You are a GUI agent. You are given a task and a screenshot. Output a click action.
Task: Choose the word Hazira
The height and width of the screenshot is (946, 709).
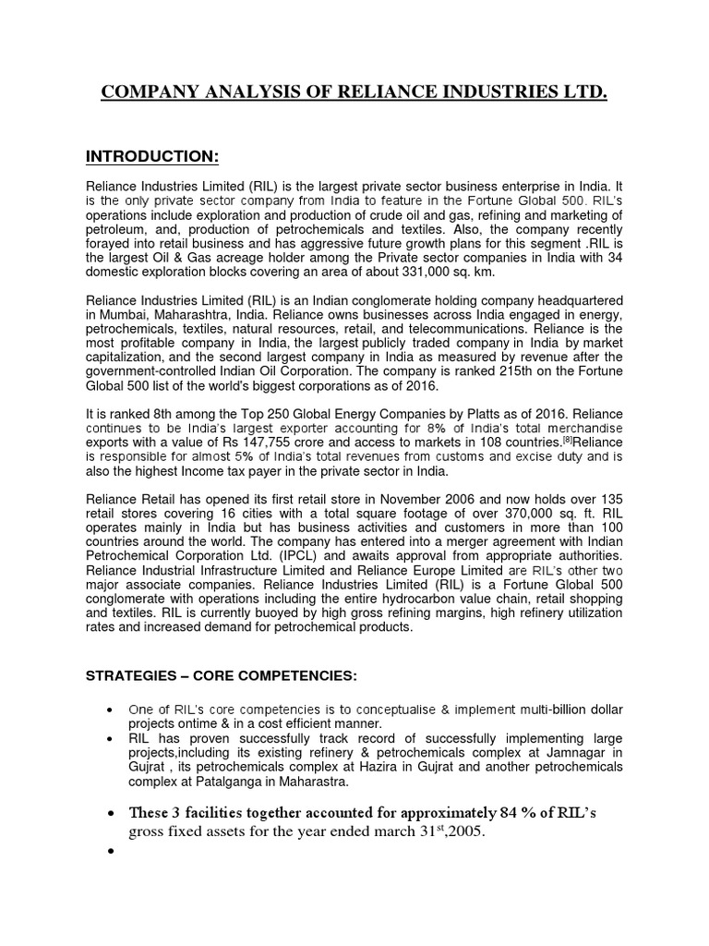pyautogui.click(x=410, y=767)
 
